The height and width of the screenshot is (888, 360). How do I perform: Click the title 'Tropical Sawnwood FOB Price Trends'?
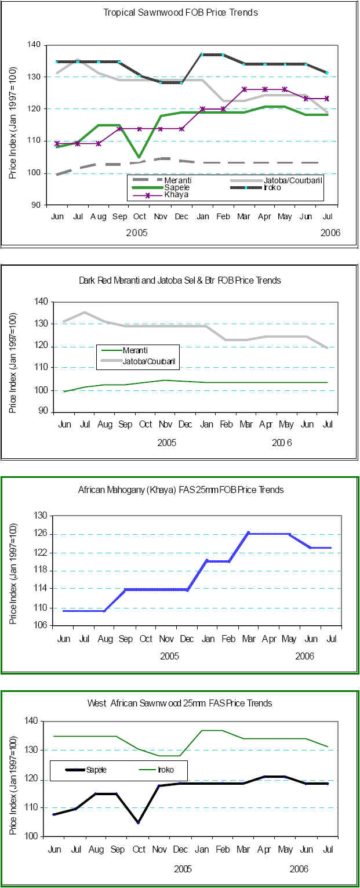click(180, 12)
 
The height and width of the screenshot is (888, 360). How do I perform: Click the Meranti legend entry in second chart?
click(137, 350)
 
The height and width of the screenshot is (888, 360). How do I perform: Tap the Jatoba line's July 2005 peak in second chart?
click(84, 312)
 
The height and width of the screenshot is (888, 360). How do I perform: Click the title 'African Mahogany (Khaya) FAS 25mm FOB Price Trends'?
click(181, 490)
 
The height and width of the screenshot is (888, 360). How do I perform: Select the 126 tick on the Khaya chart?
click(41, 534)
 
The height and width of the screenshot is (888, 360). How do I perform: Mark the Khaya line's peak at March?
click(248, 532)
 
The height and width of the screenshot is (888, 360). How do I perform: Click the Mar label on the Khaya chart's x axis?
click(248, 639)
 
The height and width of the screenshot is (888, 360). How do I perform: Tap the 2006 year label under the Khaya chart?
click(304, 656)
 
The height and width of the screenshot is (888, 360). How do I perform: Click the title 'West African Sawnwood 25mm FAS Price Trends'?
click(180, 703)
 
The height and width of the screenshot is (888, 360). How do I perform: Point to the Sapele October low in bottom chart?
click(137, 822)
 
